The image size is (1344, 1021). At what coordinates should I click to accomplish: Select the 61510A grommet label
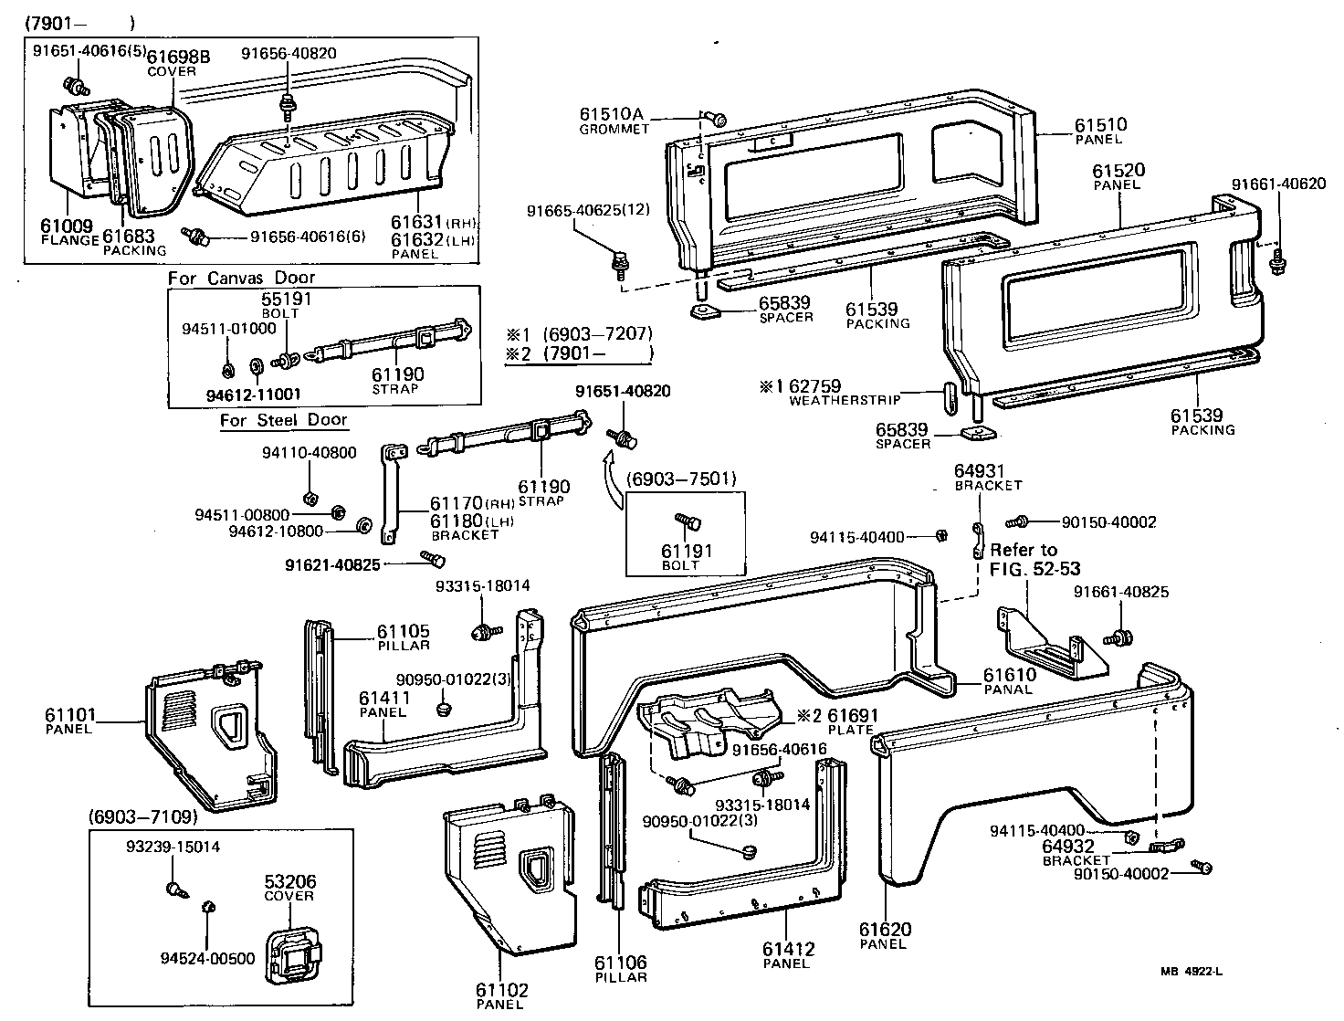[612, 115]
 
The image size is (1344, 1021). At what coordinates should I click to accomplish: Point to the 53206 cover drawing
[291, 954]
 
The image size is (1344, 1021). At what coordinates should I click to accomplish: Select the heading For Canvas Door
[241, 278]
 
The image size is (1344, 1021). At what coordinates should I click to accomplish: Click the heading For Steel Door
[283, 420]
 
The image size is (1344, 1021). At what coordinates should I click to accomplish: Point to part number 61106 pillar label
[620, 963]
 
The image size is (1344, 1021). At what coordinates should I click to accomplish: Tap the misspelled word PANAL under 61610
[1007, 689]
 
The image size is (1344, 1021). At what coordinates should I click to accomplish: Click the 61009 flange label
[69, 224]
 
